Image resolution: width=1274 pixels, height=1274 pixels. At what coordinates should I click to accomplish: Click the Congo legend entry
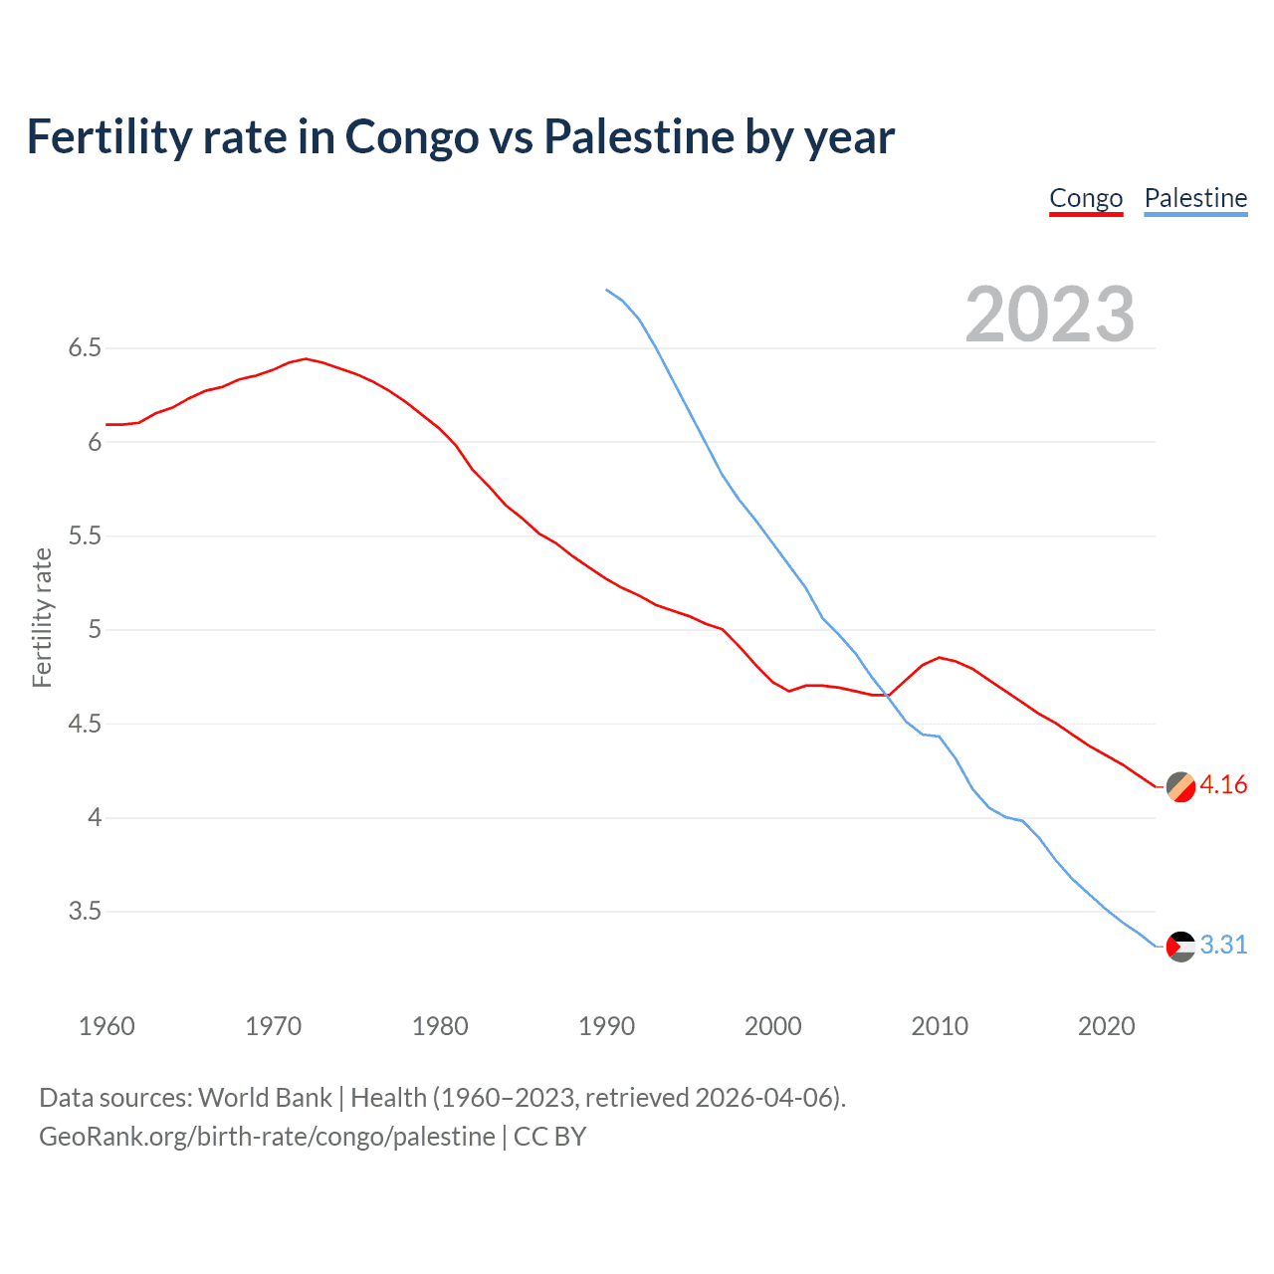pos(1086,199)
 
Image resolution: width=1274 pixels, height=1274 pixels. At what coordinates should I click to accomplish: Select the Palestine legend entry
pos(1195,199)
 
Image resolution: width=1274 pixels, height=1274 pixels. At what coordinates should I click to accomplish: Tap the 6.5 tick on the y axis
pos(85,348)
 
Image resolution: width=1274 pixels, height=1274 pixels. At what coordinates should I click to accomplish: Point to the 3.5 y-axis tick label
pos(85,912)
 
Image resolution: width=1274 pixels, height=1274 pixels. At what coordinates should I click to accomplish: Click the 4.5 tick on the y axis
pos(85,724)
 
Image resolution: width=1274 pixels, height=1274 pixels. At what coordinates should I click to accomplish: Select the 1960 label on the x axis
pos(106,1026)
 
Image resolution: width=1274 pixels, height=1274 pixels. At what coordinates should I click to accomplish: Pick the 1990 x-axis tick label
pos(606,1026)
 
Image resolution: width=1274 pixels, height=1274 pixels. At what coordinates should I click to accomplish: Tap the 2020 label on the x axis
pos(1106,1026)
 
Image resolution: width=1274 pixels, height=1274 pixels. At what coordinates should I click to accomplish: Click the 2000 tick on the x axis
pos(772,1026)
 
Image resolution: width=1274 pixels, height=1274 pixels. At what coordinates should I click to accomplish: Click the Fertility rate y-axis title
pos(42,617)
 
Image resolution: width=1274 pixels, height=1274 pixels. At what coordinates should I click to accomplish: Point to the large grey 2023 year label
pos(1050,315)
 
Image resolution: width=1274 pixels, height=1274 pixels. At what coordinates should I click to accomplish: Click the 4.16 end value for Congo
pos(1223,785)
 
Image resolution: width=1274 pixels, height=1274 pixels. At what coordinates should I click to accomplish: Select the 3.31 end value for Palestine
pos(1223,946)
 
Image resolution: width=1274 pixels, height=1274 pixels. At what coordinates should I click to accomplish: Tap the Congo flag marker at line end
pos(1180,786)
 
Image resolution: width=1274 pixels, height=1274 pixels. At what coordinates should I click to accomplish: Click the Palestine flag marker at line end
pos(1180,947)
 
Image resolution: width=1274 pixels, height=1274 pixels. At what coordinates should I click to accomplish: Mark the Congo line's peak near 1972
pos(306,358)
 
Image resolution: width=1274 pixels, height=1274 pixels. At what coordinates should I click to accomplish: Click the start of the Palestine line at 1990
pos(606,290)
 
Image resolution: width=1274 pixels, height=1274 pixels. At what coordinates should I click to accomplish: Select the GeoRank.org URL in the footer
pos(267,1137)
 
